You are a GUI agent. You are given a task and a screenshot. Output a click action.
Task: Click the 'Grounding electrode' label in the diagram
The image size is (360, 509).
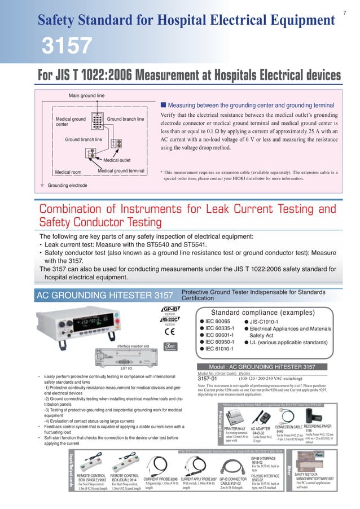[67, 185]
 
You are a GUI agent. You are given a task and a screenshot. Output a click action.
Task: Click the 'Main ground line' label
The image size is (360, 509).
[86, 96]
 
